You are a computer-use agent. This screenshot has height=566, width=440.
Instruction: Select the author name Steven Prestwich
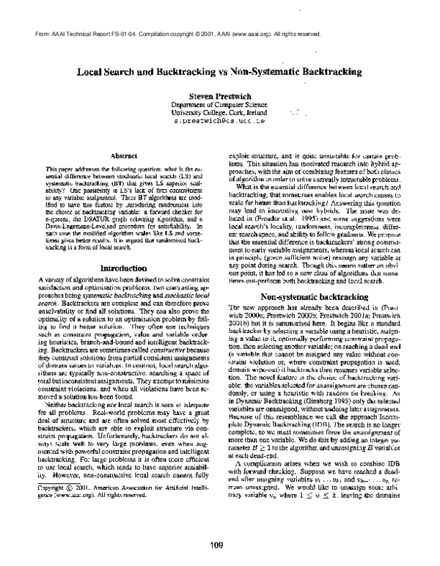[220, 96]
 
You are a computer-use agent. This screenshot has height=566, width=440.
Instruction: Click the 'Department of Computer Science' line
[220, 106]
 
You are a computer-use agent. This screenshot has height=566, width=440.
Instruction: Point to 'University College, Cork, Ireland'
[219, 114]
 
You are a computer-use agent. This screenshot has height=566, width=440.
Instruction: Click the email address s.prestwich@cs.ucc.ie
[220, 122]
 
